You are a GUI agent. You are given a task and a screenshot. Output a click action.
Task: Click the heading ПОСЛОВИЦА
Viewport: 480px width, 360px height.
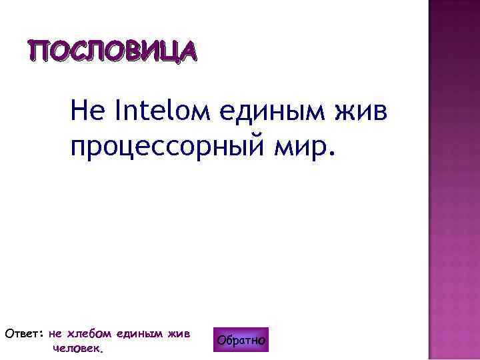tap(112, 50)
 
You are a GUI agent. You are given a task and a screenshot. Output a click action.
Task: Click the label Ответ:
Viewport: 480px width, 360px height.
tap(24, 333)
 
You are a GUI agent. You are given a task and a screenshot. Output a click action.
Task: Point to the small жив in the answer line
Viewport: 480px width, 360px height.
tap(179, 333)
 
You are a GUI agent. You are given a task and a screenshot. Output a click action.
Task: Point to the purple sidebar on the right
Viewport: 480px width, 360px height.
tap(453, 180)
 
